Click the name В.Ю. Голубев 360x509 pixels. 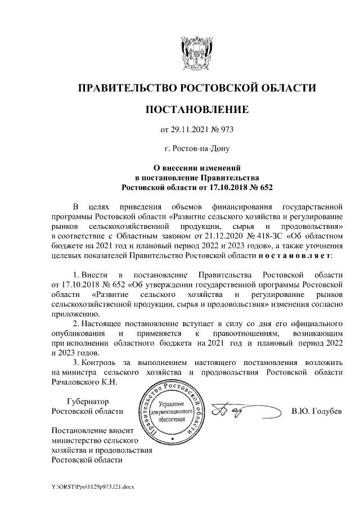coord(316,412)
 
